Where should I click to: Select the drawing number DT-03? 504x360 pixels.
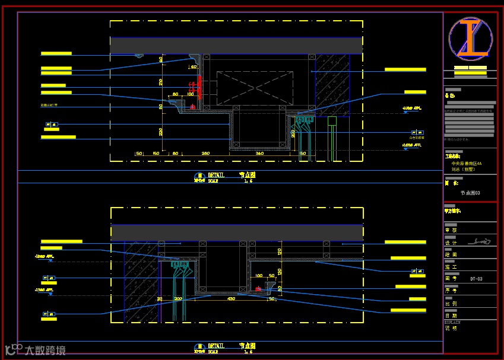tap(476, 278)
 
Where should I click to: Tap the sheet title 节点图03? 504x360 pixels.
tap(470, 193)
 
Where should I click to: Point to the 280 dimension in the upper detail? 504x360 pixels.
tap(205, 154)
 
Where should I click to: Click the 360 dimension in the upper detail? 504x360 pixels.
tap(259, 154)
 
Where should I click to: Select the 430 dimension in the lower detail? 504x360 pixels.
tap(231, 299)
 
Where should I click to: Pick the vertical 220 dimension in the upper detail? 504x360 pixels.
tap(160, 132)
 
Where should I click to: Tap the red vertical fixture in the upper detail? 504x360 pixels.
tap(200, 87)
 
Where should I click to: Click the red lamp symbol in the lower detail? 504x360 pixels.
tap(258, 288)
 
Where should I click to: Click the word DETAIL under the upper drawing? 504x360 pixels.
tap(216, 175)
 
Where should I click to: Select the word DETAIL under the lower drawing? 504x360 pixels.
tap(216, 345)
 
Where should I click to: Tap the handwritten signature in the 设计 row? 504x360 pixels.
tap(480, 241)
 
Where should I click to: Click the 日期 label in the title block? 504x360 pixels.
tap(451, 316)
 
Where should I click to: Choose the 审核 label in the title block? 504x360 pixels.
tap(451, 230)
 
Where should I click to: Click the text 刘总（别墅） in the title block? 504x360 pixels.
tap(464, 169)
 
